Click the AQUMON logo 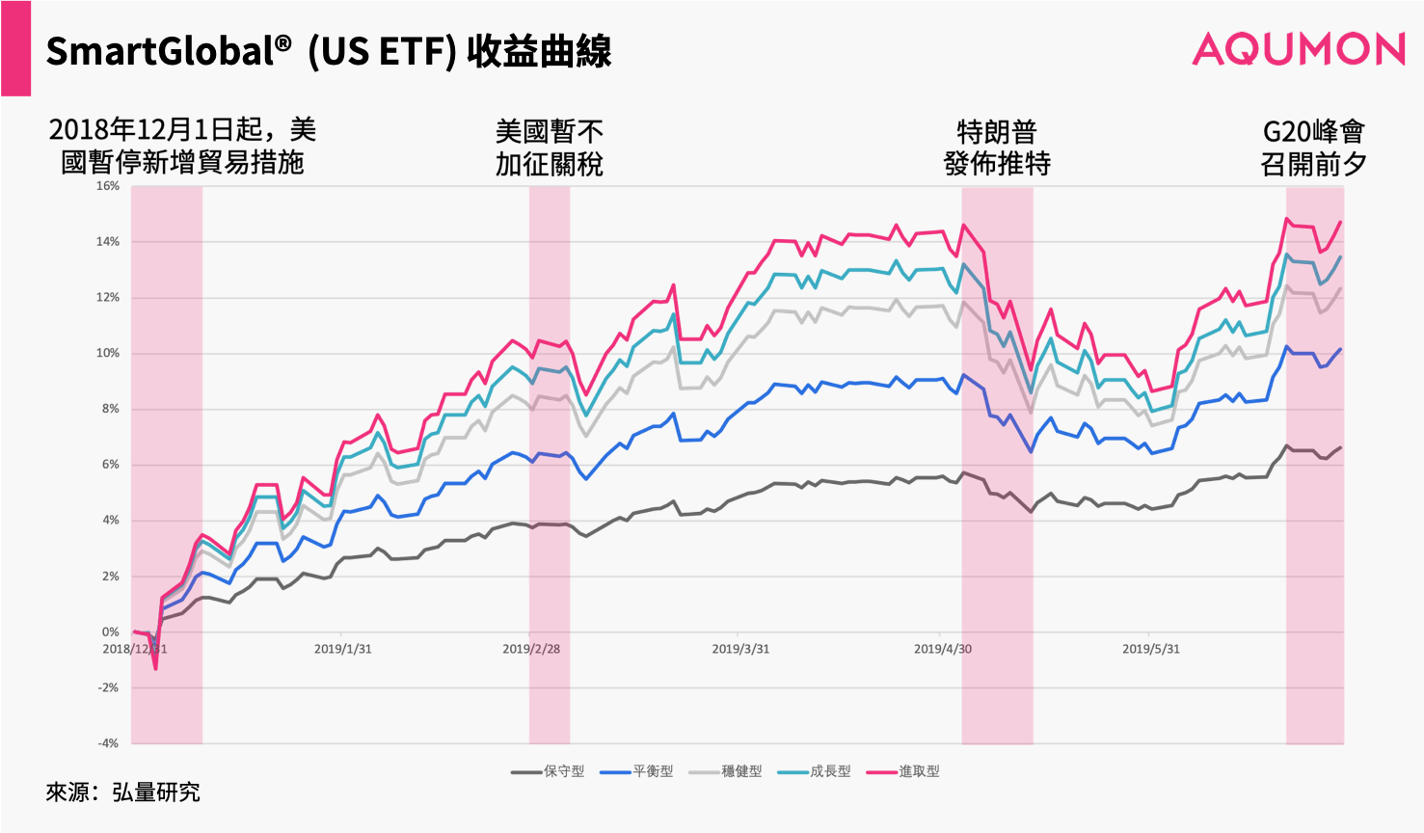(x=1298, y=49)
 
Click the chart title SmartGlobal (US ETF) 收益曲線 (x=329, y=51)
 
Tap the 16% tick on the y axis (x=107, y=186)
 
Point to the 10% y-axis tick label (x=107, y=353)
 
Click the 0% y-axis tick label (x=110, y=631)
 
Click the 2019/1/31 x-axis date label (x=342, y=649)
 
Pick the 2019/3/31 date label (x=740, y=649)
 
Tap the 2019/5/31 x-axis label (x=1150, y=649)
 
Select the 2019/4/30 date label (x=943, y=649)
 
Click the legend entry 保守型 (x=548, y=771)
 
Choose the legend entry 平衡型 (x=636, y=771)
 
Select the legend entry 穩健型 (x=725, y=771)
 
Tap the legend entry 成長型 (x=815, y=771)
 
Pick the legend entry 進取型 (x=902, y=771)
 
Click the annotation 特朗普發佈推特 (x=997, y=148)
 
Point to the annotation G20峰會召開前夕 (x=1313, y=148)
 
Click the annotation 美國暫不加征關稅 (x=550, y=148)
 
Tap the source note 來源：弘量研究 (x=123, y=793)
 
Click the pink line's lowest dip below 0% (x=155, y=668)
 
